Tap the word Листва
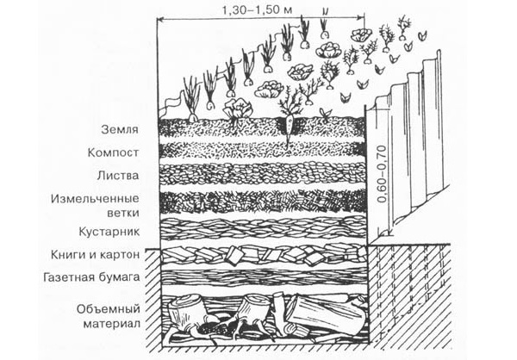tap(121, 176)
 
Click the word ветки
tap(125, 211)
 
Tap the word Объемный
tap(111, 308)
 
